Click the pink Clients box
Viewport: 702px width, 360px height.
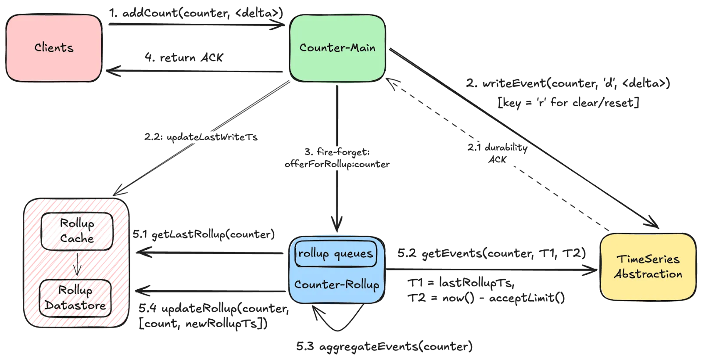point(54,48)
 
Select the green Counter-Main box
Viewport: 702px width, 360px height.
point(337,48)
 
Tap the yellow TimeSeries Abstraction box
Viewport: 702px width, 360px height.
point(648,266)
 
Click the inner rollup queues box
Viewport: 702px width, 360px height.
point(336,253)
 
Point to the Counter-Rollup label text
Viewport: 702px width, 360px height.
point(337,284)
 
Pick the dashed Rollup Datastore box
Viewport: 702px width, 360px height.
point(75,298)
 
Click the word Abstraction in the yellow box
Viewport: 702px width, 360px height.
point(648,274)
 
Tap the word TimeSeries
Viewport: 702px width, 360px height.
point(648,259)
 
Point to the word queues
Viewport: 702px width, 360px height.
point(353,253)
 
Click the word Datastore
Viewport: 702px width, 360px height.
point(75,305)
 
